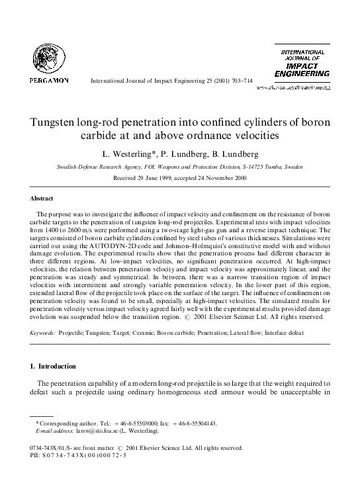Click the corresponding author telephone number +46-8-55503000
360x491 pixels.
click(132, 423)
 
